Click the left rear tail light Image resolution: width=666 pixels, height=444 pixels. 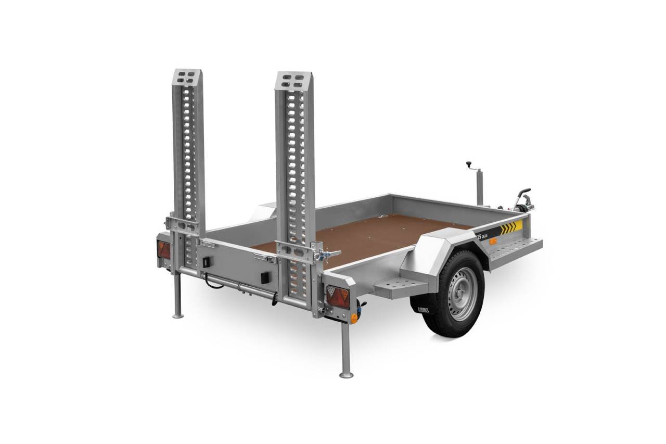pyautogui.click(x=163, y=249)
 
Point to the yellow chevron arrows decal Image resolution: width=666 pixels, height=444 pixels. pyautogui.click(x=510, y=227)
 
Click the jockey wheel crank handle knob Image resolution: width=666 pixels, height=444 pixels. pyautogui.click(x=468, y=163)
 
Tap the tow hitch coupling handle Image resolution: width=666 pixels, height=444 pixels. pyautogui.click(x=523, y=194)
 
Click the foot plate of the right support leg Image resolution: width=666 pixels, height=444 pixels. pyautogui.click(x=346, y=374)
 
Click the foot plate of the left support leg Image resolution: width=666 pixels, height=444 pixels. pyautogui.click(x=178, y=315)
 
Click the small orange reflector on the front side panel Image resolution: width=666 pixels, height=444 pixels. pyautogui.click(x=492, y=242)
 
